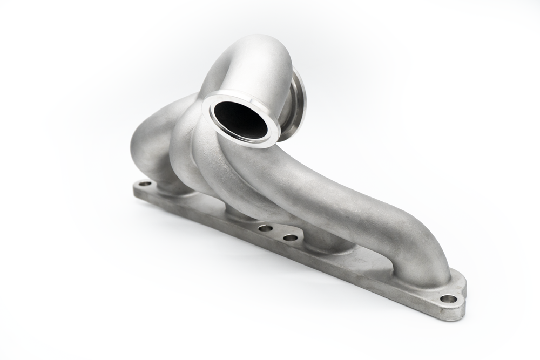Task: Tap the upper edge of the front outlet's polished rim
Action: [x=238, y=95]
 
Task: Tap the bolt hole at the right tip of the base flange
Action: [x=448, y=298]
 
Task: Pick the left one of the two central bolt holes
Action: [x=265, y=228]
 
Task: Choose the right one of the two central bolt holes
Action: [x=291, y=237]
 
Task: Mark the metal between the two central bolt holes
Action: [x=278, y=233]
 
